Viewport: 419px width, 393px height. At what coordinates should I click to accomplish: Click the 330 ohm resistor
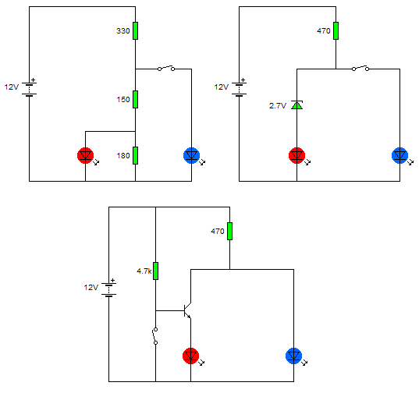[136, 30]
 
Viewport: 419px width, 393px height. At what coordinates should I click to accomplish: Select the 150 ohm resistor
[136, 99]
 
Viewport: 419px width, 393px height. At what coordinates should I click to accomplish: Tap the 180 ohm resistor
[136, 155]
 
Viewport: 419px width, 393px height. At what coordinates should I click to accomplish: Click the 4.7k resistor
[155, 271]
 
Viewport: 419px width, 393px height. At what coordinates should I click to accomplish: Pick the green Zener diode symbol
[296, 105]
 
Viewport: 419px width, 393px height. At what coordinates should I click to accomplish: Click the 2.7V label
[278, 106]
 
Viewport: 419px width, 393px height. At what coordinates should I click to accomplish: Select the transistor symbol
[187, 310]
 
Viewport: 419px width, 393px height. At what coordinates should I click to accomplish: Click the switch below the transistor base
[155, 336]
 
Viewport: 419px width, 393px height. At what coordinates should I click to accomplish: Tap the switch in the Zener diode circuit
[360, 68]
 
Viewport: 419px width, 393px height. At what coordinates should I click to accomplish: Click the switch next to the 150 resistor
[166, 68]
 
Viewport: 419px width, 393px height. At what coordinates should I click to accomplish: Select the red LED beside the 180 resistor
[86, 155]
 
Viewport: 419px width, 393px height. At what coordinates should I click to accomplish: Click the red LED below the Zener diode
[296, 155]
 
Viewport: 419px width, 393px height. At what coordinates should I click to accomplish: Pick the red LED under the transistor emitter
[191, 356]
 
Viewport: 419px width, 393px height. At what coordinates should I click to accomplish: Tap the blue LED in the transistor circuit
[294, 356]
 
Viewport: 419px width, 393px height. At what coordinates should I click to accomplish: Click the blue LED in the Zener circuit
[400, 155]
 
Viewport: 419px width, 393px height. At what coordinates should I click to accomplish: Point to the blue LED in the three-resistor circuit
[192, 155]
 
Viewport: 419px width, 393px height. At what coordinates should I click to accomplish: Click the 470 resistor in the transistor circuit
[230, 231]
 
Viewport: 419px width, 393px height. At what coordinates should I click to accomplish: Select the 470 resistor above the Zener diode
[336, 30]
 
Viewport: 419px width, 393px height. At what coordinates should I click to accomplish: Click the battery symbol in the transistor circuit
[108, 288]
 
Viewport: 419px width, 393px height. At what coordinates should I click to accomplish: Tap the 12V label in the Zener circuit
[222, 87]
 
